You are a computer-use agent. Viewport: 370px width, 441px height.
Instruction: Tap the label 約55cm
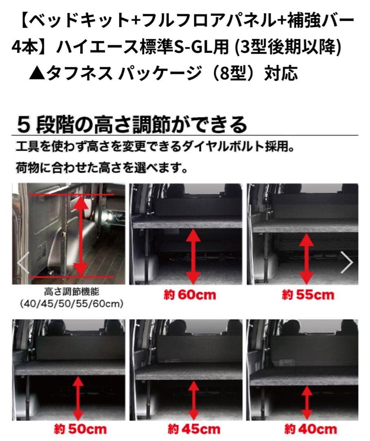coord(308,295)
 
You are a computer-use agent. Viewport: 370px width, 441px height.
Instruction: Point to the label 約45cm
coord(193,429)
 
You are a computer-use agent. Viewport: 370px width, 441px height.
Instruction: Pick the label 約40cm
coord(311,429)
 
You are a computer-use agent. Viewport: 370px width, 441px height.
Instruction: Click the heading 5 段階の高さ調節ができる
coord(132,125)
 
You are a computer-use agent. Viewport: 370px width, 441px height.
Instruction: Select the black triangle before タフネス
coord(36,73)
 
